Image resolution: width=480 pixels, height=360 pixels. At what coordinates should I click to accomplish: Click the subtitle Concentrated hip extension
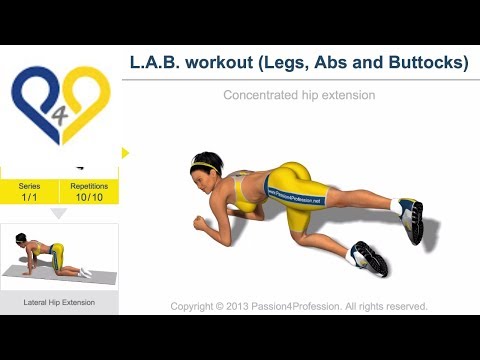[x=299, y=96]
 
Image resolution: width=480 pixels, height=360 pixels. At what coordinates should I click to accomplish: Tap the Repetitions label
[x=89, y=186]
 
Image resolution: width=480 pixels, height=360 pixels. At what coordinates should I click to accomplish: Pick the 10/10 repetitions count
[x=89, y=197]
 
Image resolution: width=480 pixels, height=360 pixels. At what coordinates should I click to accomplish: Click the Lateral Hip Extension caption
[x=60, y=300]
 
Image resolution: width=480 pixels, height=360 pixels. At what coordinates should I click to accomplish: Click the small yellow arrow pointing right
[x=125, y=153]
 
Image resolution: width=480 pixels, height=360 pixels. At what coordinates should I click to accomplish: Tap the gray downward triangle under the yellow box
[x=59, y=213]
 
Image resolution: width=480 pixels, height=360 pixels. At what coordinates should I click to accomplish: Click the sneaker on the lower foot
[x=368, y=258]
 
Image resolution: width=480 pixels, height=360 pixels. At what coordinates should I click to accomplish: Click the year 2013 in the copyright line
[x=233, y=306]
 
